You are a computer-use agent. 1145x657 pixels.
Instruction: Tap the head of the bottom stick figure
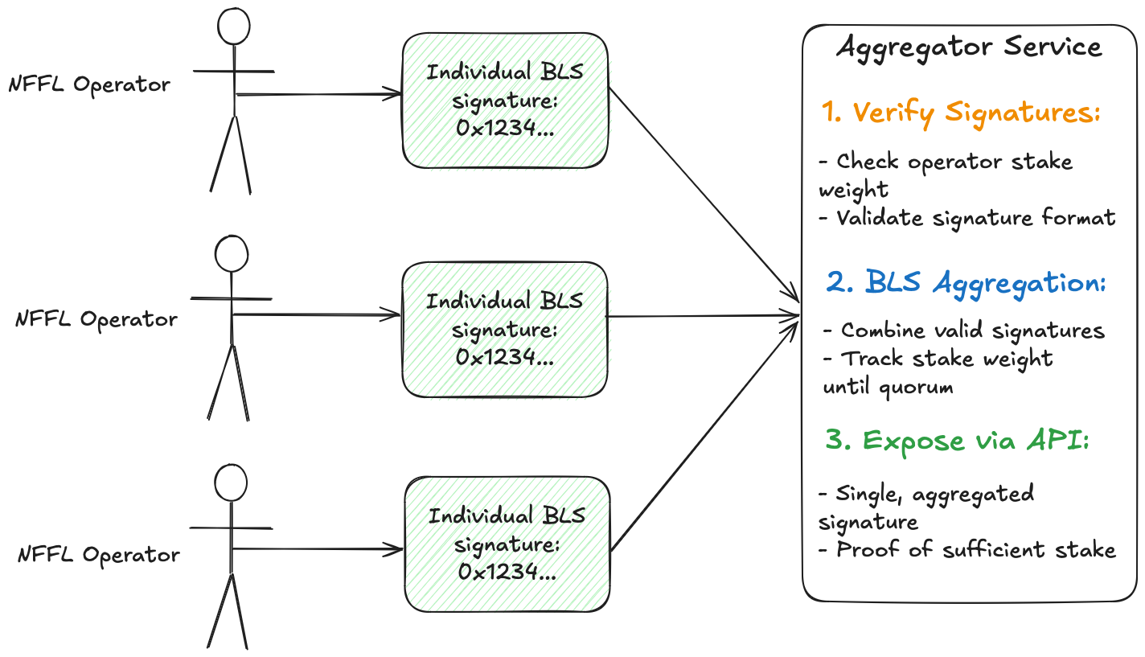tap(231, 466)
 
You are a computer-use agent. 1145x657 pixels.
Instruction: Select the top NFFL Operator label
tap(89, 84)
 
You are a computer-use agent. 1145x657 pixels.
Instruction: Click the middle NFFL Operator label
tap(96, 319)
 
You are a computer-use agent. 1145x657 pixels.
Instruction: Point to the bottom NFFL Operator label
tap(99, 554)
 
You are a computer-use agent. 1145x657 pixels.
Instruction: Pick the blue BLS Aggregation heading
tap(966, 283)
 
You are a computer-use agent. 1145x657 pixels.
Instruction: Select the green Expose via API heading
tap(957, 441)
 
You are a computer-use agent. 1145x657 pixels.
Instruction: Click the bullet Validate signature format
tap(967, 218)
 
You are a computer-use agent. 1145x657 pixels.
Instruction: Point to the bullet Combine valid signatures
tap(964, 331)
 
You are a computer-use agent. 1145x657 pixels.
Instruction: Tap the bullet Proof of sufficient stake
tap(967, 550)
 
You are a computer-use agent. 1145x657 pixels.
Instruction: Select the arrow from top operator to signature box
tap(318, 94)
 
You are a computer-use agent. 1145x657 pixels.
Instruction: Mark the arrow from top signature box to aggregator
tap(704, 195)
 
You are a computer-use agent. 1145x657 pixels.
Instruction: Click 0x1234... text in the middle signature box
tap(504, 357)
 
